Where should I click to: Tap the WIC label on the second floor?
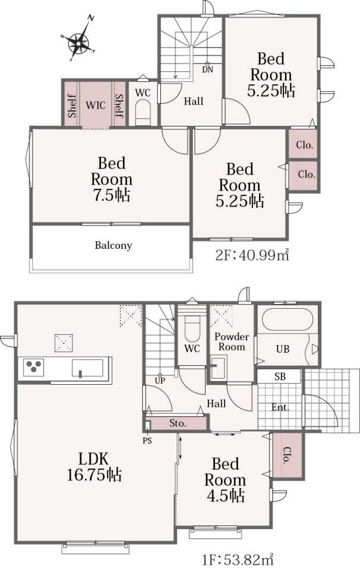pyautogui.click(x=96, y=105)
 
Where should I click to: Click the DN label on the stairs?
pyautogui.click(x=208, y=69)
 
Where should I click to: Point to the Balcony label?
pyautogui.click(x=113, y=245)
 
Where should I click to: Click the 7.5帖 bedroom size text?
pyautogui.click(x=112, y=195)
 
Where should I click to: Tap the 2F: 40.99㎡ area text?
pyautogui.click(x=252, y=255)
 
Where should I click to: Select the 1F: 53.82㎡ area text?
pyautogui.click(x=238, y=559)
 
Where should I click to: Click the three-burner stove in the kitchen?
pyautogui.click(x=34, y=366)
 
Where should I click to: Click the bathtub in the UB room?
pyautogui.click(x=287, y=319)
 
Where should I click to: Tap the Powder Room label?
pyautogui.click(x=232, y=342)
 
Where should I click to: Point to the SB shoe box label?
pyautogui.click(x=280, y=376)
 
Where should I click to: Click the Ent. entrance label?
pyautogui.click(x=280, y=407)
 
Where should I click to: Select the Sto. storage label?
pyautogui.click(x=178, y=423)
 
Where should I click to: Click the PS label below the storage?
pyautogui.click(x=147, y=441)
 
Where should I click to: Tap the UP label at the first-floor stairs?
pyautogui.click(x=160, y=381)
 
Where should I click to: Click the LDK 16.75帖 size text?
pyautogui.click(x=94, y=467)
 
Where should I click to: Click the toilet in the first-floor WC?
pyautogui.click(x=192, y=328)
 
